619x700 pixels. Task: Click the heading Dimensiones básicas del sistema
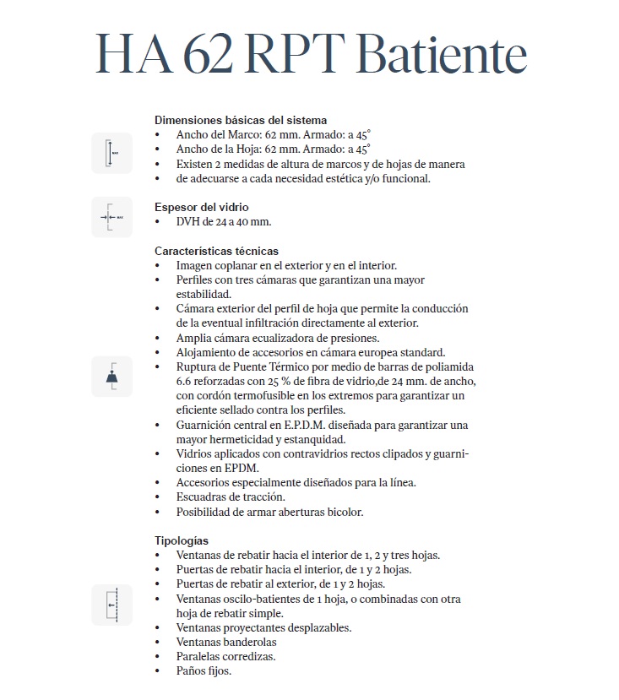(241, 120)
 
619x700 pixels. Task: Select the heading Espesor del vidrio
(201, 207)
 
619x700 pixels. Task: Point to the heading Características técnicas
(216, 251)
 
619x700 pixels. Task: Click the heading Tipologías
(181, 540)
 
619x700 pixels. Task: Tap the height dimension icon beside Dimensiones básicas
(111, 153)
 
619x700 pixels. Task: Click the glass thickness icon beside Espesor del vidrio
(111, 217)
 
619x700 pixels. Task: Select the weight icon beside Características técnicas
(111, 377)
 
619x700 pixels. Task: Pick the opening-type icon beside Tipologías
(111, 605)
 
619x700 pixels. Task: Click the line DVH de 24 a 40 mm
(224, 222)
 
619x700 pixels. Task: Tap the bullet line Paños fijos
(204, 671)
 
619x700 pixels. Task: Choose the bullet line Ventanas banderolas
(226, 643)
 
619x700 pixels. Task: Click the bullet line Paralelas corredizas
(225, 657)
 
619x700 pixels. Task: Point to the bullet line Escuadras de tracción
(231, 497)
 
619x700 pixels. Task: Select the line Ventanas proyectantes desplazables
(263, 628)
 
